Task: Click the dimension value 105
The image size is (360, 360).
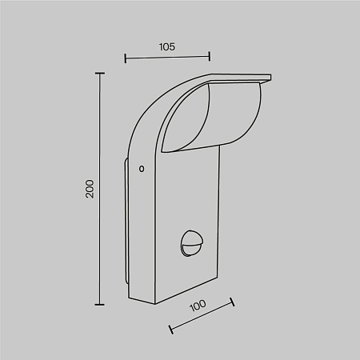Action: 167,46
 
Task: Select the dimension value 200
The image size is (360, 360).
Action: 90,189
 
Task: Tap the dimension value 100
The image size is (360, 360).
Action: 198,305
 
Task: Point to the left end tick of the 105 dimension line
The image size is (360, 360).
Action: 126,58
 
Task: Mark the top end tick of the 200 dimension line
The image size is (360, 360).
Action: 100,74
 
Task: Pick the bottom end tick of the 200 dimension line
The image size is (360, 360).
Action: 100,304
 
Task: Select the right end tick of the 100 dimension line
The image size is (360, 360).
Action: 232,302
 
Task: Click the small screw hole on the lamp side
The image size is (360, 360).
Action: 142,169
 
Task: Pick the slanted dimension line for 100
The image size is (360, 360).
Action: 201,316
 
